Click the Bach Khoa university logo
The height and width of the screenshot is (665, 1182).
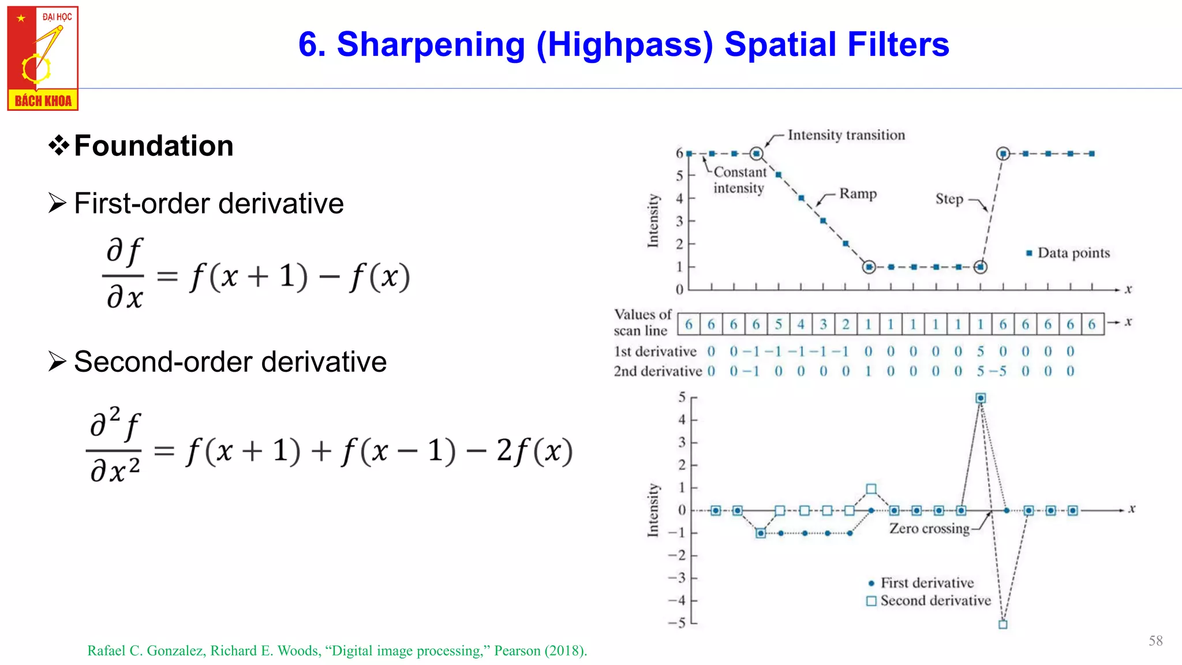coord(43,58)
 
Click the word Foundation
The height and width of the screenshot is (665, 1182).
coord(154,145)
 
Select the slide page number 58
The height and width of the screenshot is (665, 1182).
coord(1155,641)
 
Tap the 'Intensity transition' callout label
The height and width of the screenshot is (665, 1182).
coord(846,135)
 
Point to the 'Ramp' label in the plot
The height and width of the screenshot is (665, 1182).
coord(858,194)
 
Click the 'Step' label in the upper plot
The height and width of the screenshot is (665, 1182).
coord(949,199)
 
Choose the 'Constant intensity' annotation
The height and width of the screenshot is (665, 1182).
coord(739,180)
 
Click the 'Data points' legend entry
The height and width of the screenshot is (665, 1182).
coord(1073,253)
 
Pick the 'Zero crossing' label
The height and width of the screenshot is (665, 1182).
coord(929,529)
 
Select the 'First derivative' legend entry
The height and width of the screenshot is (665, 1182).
coord(926,583)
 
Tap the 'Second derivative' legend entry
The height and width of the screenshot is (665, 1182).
coord(934,601)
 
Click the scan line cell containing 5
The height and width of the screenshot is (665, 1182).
coord(779,324)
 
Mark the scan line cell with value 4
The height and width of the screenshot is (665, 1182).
coord(801,324)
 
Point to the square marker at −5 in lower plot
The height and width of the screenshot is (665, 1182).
coord(1003,624)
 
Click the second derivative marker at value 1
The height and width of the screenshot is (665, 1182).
coord(871,490)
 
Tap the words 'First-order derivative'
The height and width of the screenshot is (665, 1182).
coord(209,204)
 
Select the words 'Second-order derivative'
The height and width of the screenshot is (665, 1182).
coord(230,362)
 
